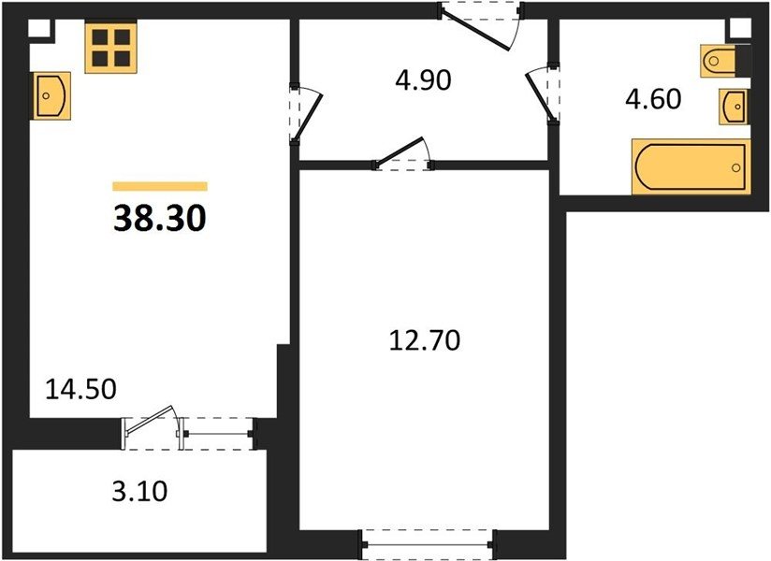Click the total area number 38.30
160,219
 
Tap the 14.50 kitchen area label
81,389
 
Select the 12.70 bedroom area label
425,340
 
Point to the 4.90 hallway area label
423,80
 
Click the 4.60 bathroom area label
653,99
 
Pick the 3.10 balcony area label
140,491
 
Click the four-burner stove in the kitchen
110,47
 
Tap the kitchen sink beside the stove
51,95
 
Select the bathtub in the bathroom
691,166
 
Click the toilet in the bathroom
719,61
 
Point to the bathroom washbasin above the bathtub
734,106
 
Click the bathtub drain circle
736,168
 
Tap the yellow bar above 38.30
160,186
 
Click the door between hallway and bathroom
543,95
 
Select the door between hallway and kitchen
305,114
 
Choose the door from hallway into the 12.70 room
403,154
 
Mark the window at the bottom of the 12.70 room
428,544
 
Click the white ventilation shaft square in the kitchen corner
39,28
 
